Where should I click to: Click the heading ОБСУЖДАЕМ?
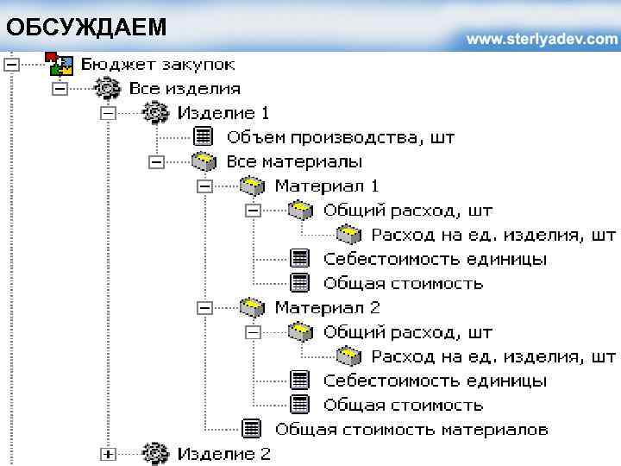click(x=86, y=28)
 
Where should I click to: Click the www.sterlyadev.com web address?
click(x=543, y=40)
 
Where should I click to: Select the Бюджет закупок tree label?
click(x=158, y=64)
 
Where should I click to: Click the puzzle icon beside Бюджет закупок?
click(x=59, y=64)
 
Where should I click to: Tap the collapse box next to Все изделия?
click(x=60, y=88)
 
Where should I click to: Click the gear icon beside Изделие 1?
click(x=154, y=112)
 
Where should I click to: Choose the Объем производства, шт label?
click(x=341, y=137)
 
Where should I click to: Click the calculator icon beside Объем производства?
click(x=203, y=136)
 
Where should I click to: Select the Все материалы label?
click(x=294, y=161)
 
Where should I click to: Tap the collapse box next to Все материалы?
click(x=156, y=161)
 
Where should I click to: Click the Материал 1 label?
click(x=327, y=186)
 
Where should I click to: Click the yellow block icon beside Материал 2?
click(x=251, y=307)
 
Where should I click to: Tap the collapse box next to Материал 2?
click(x=204, y=307)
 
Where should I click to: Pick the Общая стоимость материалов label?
click(x=411, y=429)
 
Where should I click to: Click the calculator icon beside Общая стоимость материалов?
click(x=251, y=428)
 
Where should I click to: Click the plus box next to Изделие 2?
click(x=108, y=454)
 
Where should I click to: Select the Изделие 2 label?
click(x=224, y=454)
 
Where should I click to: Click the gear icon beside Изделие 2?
click(x=154, y=453)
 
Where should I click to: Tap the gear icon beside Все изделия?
click(x=106, y=88)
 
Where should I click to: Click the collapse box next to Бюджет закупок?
click(x=10, y=64)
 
